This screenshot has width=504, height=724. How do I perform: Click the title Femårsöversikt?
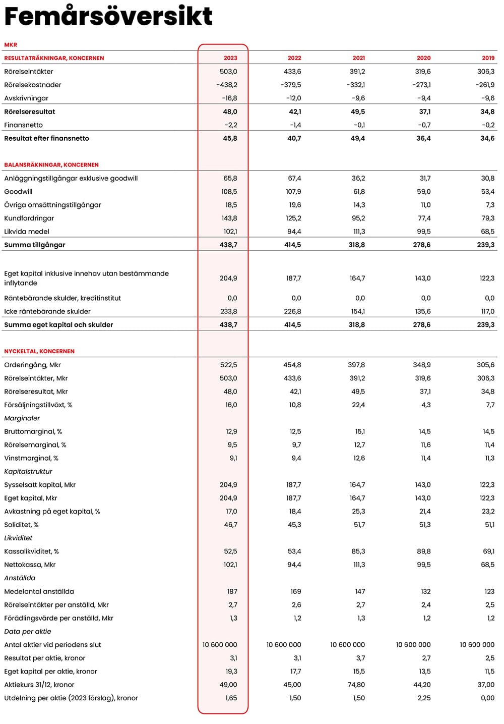tap(108, 16)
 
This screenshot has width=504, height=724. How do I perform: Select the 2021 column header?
tap(358, 58)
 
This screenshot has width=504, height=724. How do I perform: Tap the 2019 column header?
tap(488, 58)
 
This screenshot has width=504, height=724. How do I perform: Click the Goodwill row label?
tap(19, 192)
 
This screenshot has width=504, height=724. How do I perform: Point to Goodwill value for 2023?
tap(229, 192)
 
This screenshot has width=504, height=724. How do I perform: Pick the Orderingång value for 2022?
tap(292, 365)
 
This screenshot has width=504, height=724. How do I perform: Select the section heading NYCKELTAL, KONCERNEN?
tap(39, 351)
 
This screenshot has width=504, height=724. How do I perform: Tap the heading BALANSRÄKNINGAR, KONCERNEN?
tap(51, 165)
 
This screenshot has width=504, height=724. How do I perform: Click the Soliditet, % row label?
tap(22, 525)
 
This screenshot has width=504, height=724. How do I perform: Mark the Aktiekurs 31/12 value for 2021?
tap(356, 685)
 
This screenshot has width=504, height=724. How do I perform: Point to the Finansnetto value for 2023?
tap(231, 125)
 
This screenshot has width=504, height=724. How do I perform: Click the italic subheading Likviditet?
tap(18, 538)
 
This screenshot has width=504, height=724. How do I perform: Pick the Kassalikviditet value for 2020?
tap(423, 551)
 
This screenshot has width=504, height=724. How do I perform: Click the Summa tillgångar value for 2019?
tap(486, 245)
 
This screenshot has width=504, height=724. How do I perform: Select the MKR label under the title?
tap(11, 45)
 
